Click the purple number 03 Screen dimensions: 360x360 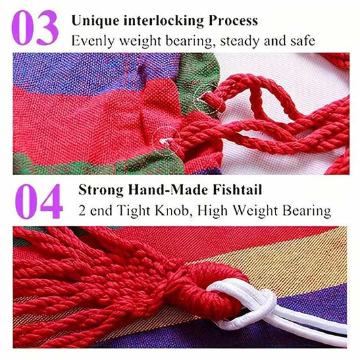tap(35, 28)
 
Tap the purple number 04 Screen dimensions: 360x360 tap(38, 201)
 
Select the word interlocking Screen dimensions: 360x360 tap(163, 21)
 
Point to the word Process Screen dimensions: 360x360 tap(233, 21)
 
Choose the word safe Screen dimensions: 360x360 tap(302, 41)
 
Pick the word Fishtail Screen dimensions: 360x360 tap(237, 190)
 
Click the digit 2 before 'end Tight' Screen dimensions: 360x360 tap(82, 210)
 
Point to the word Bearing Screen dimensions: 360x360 tap(307, 211)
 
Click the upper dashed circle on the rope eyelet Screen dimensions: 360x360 tap(210, 99)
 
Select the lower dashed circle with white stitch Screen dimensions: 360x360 tap(166, 140)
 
